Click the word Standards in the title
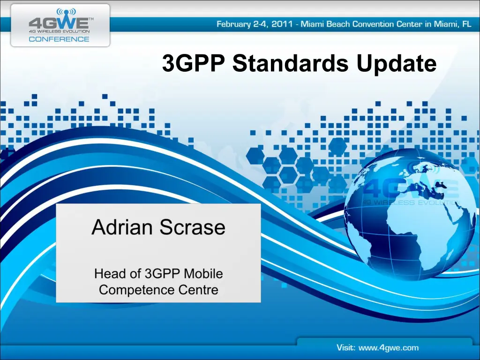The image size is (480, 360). [291, 64]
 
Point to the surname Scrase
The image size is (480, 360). [193, 227]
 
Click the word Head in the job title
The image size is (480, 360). [108, 273]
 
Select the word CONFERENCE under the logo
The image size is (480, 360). [59, 39]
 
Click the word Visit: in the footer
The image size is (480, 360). [348, 348]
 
